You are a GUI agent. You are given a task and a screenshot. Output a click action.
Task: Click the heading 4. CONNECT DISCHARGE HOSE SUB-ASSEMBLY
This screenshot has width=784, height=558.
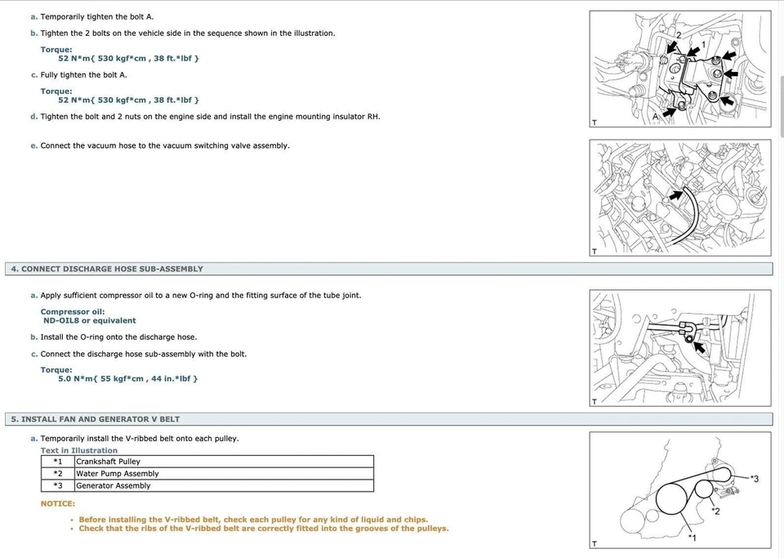tap(107, 269)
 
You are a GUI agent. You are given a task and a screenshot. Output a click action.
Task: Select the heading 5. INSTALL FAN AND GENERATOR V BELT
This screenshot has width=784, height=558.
tap(96, 419)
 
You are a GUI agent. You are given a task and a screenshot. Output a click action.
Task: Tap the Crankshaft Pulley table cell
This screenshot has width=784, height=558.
tap(108, 462)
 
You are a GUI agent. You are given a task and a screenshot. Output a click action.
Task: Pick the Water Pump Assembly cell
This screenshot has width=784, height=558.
tap(117, 474)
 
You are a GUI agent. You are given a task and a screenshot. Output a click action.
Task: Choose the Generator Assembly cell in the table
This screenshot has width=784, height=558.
tap(114, 486)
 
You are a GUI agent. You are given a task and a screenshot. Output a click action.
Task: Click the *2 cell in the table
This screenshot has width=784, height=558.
tap(58, 474)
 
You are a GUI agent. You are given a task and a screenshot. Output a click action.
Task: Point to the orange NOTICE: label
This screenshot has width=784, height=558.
tap(58, 504)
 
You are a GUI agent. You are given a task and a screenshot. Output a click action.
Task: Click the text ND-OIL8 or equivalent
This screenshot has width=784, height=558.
tap(90, 321)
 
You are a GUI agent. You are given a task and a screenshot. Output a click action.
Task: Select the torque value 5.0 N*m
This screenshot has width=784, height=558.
tap(76, 379)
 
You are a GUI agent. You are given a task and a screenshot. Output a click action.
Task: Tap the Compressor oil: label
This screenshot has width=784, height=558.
tap(73, 312)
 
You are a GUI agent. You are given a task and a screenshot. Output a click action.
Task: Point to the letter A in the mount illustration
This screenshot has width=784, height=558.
tap(655, 117)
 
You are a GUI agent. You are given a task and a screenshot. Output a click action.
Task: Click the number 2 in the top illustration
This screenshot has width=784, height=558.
tap(678, 36)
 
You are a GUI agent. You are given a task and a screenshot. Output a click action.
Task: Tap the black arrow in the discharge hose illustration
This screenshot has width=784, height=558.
tap(699, 349)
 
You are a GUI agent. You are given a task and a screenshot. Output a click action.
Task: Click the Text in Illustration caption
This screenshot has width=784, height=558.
tap(79, 451)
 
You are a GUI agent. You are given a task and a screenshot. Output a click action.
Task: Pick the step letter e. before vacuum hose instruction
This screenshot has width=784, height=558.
tap(33, 146)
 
